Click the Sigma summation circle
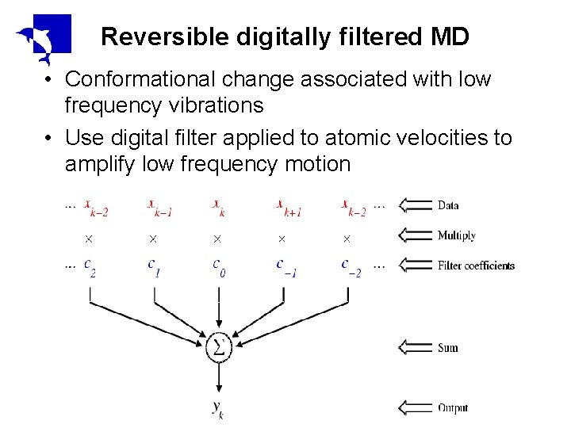click(218, 347)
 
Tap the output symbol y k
click(218, 408)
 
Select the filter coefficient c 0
click(218, 266)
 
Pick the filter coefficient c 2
click(90, 266)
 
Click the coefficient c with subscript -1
click(284, 266)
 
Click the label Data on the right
click(448, 205)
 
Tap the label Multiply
click(456, 235)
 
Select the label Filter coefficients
click(476, 266)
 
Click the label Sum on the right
click(447, 347)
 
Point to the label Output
click(453, 408)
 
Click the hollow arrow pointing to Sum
click(415, 347)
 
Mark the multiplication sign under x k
click(217, 238)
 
